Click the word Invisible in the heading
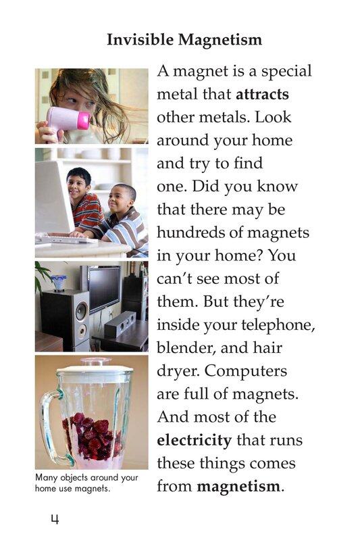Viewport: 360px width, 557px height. (x=140, y=39)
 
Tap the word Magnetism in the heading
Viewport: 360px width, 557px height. (x=220, y=39)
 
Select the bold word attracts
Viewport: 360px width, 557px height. (x=262, y=95)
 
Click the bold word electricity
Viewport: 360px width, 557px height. (x=195, y=440)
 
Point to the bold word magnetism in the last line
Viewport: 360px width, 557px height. (x=238, y=486)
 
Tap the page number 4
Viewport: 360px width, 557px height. (x=55, y=519)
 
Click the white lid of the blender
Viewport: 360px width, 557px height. (x=95, y=367)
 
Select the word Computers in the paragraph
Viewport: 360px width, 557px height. (x=246, y=371)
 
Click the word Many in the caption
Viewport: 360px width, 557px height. (x=46, y=478)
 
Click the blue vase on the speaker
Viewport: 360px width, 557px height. (x=58, y=283)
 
